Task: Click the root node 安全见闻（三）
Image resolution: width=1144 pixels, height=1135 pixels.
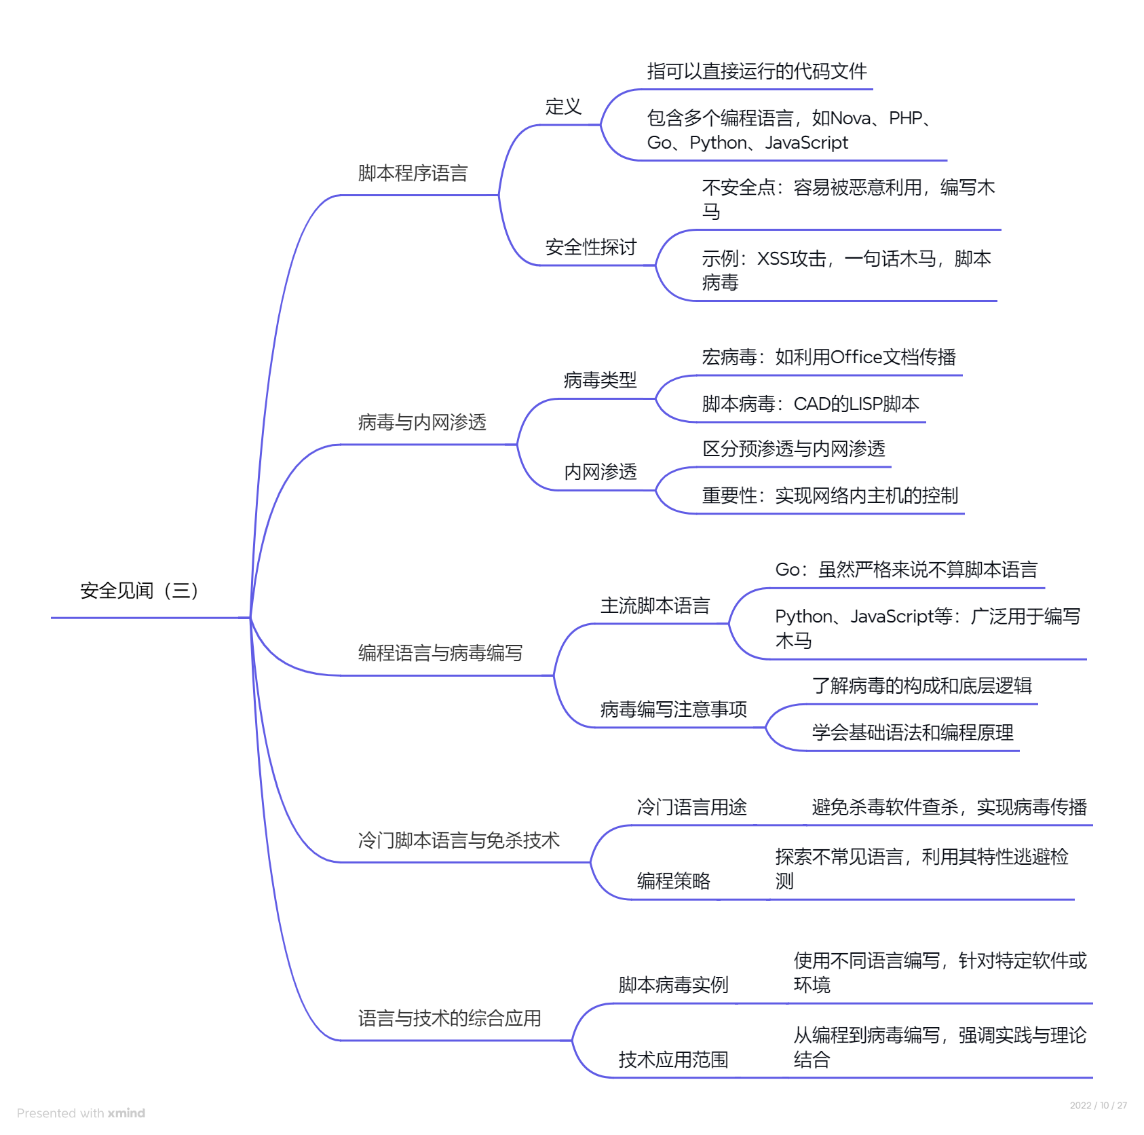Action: pos(139,591)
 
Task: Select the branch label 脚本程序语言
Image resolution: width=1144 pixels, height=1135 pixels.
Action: pos(413,174)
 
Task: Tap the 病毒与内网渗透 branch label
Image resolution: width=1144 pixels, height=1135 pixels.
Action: pos(422,423)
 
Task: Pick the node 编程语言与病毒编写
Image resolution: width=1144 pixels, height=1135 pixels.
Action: pos(440,653)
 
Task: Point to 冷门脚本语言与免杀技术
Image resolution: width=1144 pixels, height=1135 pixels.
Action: pos(459,840)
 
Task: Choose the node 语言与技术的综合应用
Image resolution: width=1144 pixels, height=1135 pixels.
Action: pos(449,1018)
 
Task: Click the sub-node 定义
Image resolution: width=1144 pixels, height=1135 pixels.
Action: pos(563,107)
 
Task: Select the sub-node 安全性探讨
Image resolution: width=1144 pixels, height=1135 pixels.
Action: pos(590,247)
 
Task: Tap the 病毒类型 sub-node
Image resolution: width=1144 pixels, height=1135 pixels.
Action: pos(600,380)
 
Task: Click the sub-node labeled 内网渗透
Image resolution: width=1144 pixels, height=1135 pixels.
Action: pos(600,472)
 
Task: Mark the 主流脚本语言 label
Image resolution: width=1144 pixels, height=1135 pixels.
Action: pos(655,606)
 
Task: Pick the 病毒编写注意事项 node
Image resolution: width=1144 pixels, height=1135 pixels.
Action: pos(673,709)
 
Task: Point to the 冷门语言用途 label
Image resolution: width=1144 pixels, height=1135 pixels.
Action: pos(691,807)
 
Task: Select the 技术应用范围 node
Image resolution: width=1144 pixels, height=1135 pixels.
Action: pos(673,1060)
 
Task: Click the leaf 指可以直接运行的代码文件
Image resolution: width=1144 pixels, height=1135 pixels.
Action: pos(757,71)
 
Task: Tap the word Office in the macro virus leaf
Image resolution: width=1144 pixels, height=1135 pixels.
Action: pos(856,357)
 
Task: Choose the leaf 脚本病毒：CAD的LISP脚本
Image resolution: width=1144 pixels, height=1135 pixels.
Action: pos(810,404)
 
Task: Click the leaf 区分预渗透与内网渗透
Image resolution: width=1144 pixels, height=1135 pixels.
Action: pos(793,449)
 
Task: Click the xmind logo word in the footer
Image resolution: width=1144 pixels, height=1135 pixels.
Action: pos(126,1113)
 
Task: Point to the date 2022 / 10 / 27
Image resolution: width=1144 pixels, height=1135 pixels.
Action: pos(1098,1105)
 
